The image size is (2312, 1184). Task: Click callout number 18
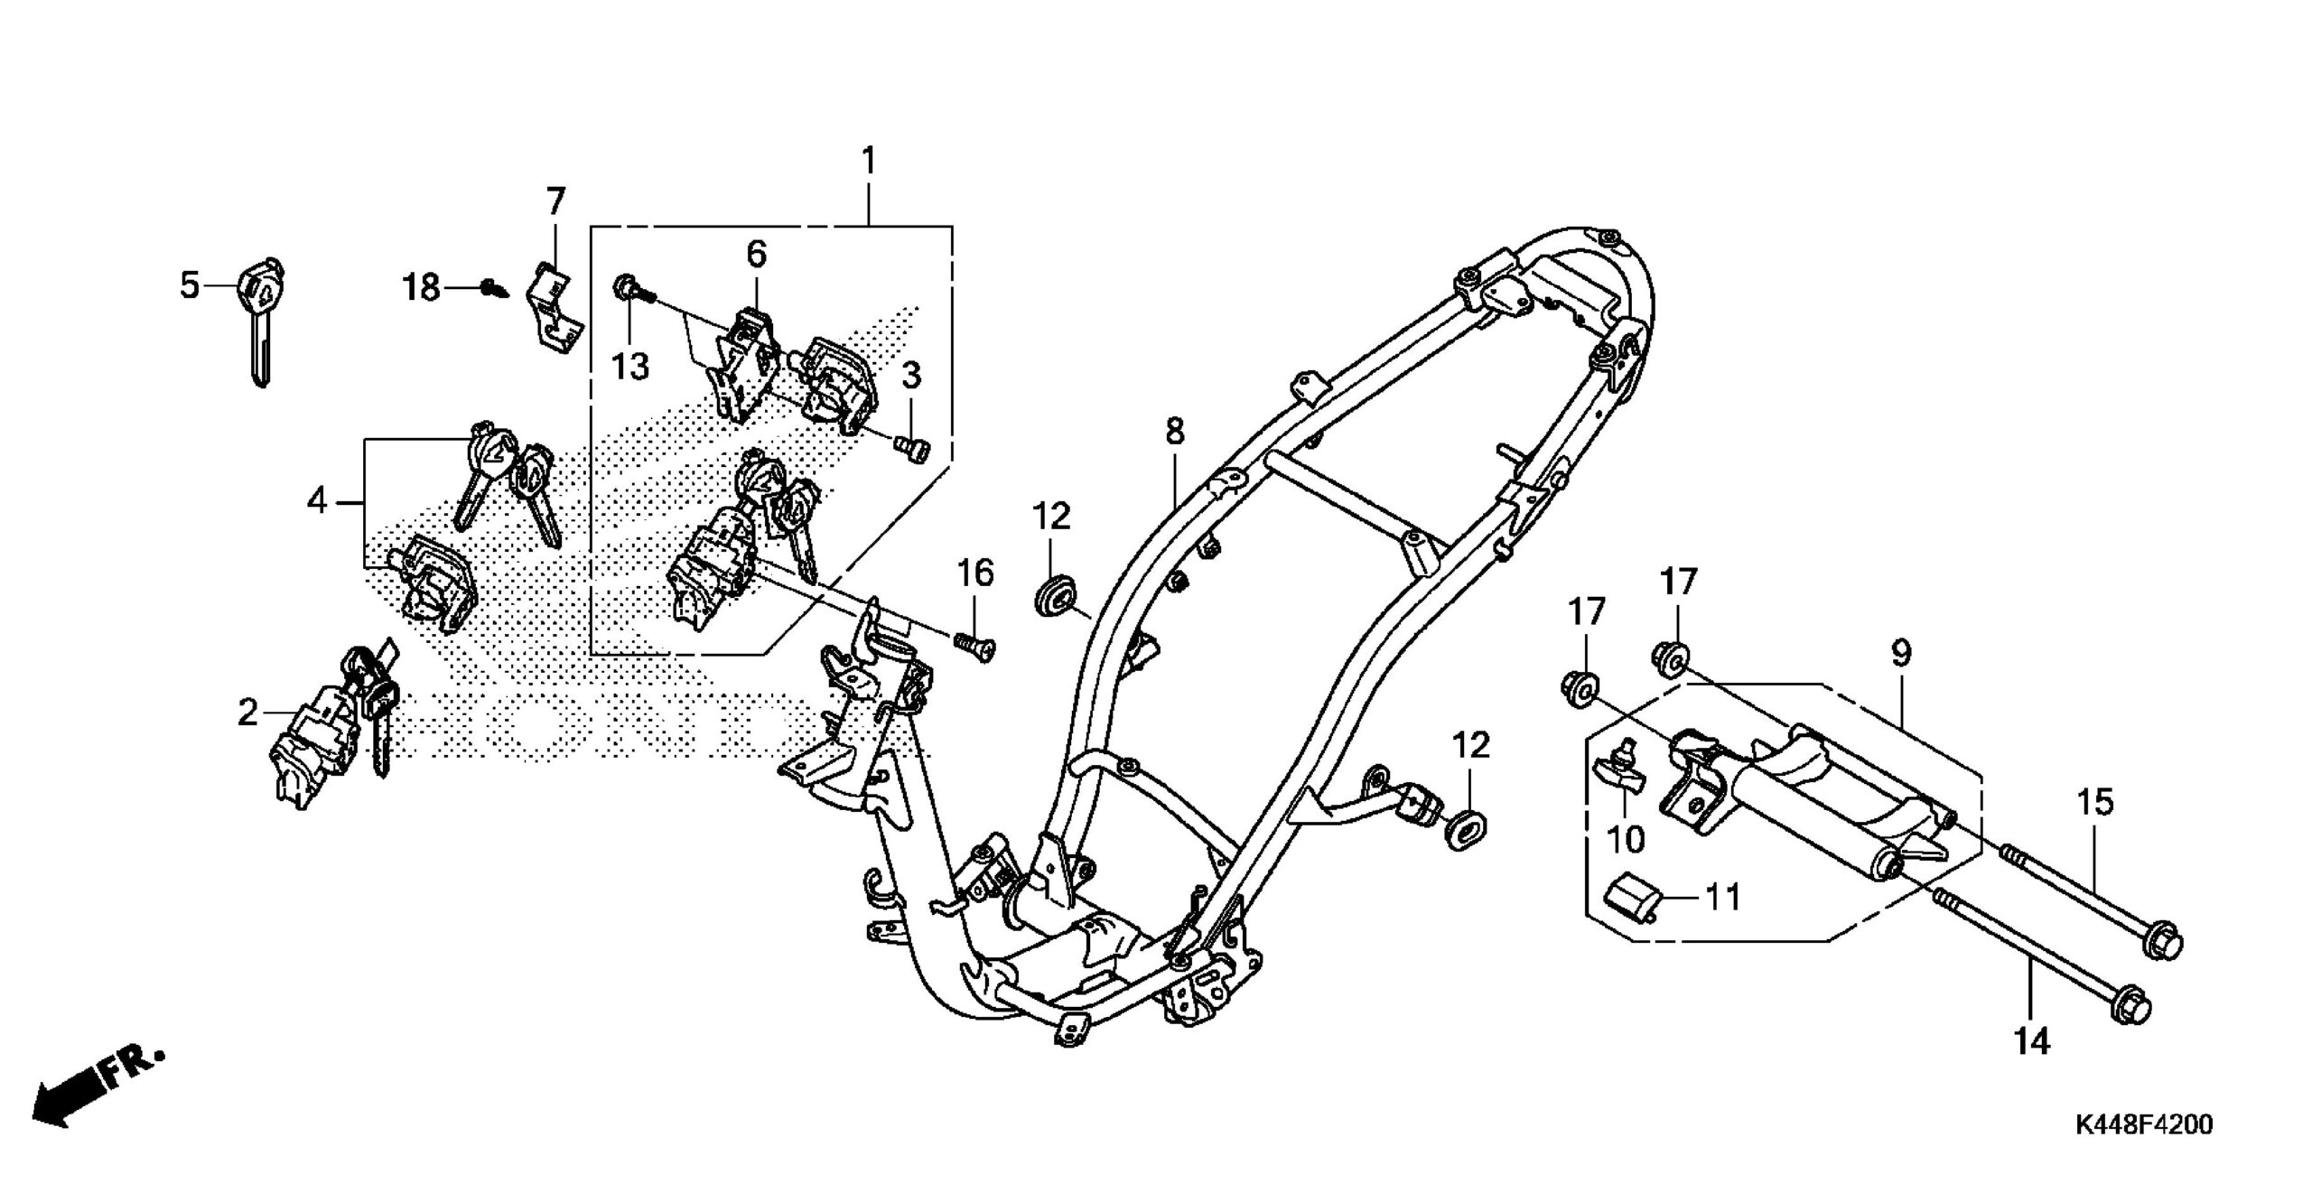(422, 289)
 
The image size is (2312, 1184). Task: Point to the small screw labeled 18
(495, 290)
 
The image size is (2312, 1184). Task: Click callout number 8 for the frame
(1174, 432)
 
